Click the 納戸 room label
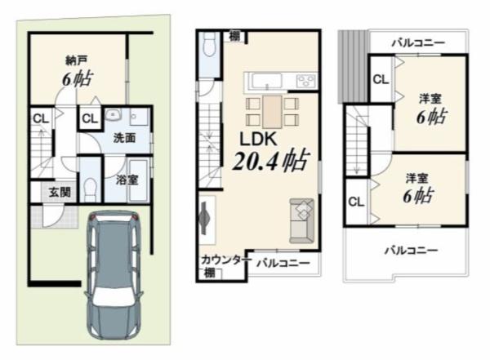tap(76, 60)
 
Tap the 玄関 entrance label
tap(60, 192)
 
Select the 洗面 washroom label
tap(124, 138)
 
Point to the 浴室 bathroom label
tap(127, 180)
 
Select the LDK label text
tap(258, 139)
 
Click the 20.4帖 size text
tap(271, 161)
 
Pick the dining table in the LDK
tap(272, 112)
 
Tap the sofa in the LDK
tap(301, 220)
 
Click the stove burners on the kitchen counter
tap(306, 82)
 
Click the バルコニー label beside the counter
tap(283, 263)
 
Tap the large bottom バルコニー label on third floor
tap(411, 250)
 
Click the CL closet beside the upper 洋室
tap(381, 79)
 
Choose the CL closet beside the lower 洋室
tap(356, 202)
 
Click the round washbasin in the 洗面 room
tap(112, 116)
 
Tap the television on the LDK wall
tap(204, 218)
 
